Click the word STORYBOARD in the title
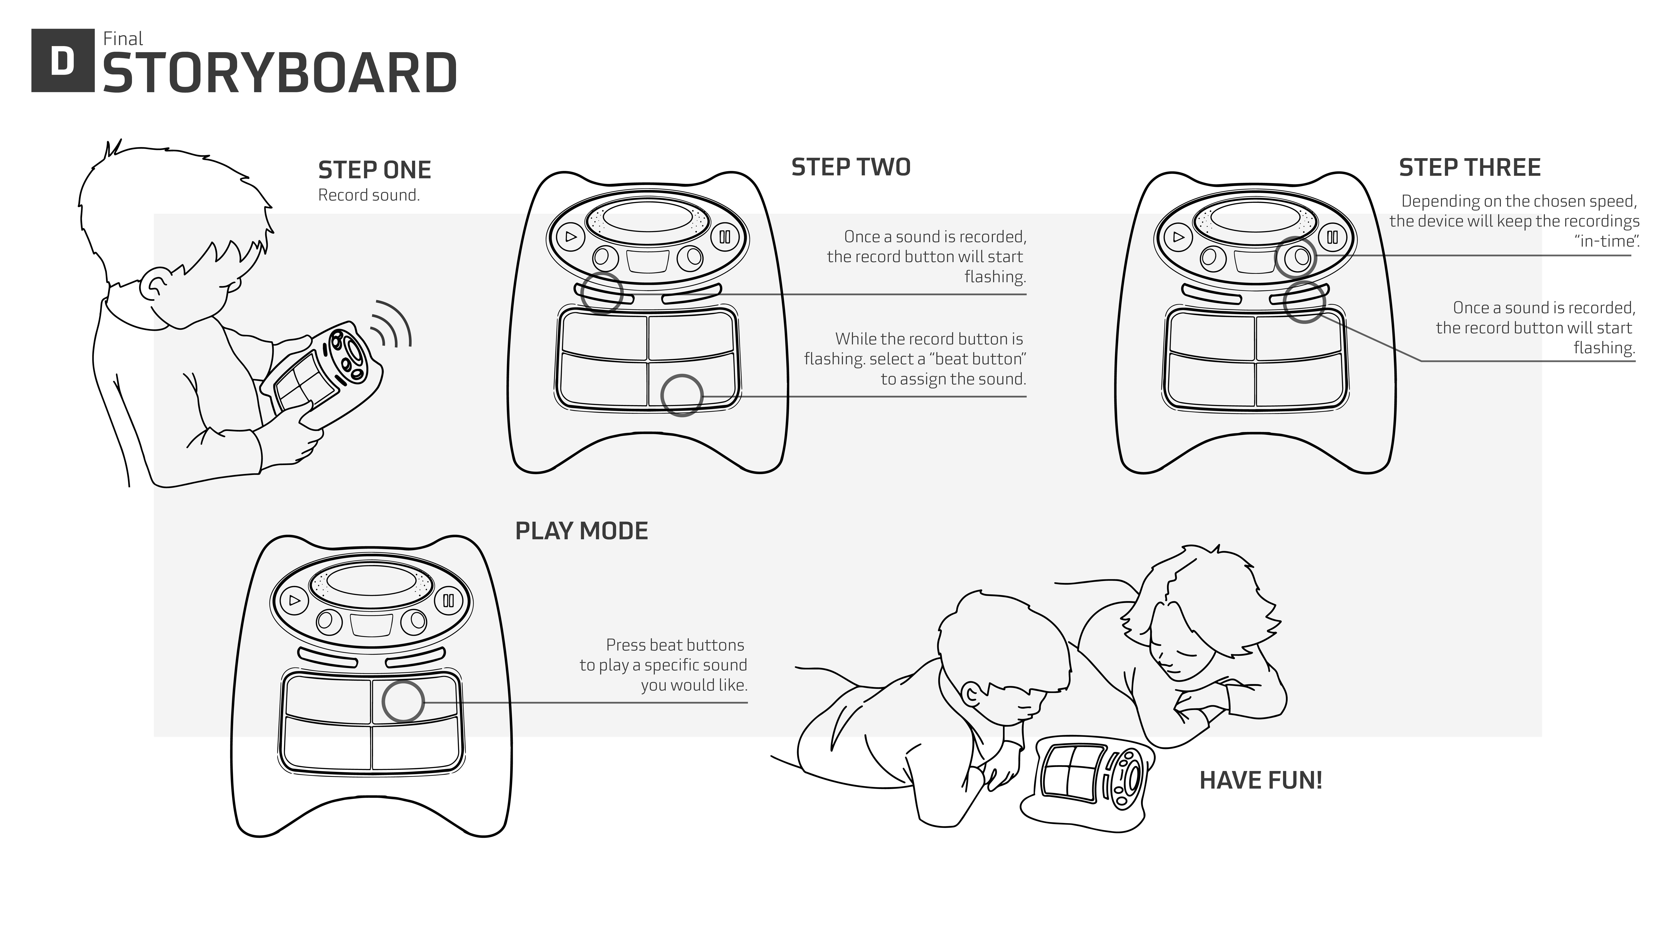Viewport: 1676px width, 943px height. pos(280,73)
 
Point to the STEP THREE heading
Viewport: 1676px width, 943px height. pos(1469,168)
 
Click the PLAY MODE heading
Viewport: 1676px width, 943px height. pos(581,531)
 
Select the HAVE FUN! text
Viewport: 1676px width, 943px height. pos(1260,780)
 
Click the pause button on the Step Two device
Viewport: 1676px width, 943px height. pos(725,237)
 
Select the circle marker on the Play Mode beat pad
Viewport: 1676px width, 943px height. pos(403,702)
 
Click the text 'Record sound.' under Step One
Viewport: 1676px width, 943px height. pos(368,195)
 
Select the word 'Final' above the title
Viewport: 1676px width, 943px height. pos(123,39)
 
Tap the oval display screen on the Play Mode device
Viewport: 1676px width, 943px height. pos(371,580)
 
